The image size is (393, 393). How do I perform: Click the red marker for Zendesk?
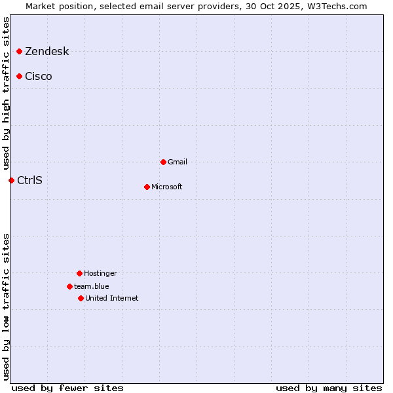point(20,51)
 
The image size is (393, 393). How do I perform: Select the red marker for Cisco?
point(20,76)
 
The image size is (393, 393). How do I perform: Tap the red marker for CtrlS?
point(11,180)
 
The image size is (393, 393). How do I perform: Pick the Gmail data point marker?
point(163,162)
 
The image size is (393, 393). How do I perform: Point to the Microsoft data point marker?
point(147,187)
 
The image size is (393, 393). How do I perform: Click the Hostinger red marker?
point(79,273)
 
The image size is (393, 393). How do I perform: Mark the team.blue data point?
point(69,286)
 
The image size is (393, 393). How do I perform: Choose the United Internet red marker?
point(81,298)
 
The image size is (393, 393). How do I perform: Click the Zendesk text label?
point(47,52)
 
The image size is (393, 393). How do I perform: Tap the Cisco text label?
point(39,77)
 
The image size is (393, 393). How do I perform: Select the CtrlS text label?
point(29,181)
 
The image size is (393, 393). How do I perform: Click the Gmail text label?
point(178,162)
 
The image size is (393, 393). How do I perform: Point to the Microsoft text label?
point(167,187)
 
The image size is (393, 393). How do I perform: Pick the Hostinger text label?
point(100,274)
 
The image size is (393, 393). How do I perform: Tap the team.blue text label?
point(92,287)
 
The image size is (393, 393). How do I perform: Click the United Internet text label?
point(112,299)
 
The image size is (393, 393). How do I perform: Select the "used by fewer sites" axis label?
point(67,388)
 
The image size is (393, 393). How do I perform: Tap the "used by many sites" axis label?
point(329,388)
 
